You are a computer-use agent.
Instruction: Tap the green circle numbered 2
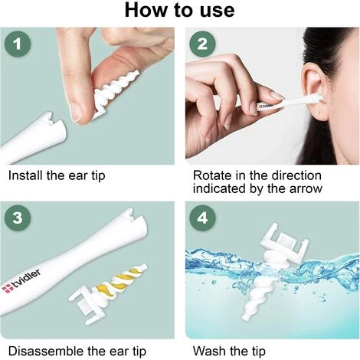pos(202,45)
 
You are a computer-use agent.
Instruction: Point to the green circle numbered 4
pos(202,218)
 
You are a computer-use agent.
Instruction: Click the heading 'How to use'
pos(179,11)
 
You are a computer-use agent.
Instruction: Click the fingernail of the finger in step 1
pos(77,111)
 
